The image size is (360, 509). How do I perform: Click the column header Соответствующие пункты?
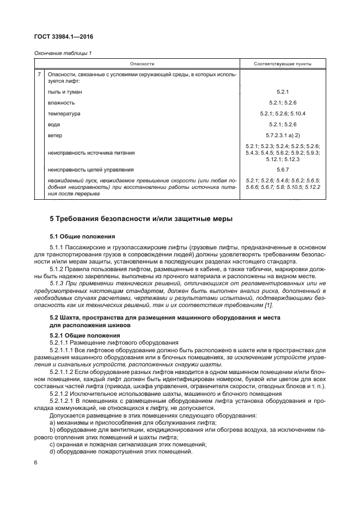(x=283, y=64)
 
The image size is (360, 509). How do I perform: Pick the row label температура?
(x=64, y=114)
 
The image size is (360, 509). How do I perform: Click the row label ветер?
(x=56, y=136)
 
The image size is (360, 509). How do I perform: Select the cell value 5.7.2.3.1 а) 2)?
(x=283, y=136)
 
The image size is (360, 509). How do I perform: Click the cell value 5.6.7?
(x=283, y=169)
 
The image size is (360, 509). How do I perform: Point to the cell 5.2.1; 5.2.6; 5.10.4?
(x=283, y=114)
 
